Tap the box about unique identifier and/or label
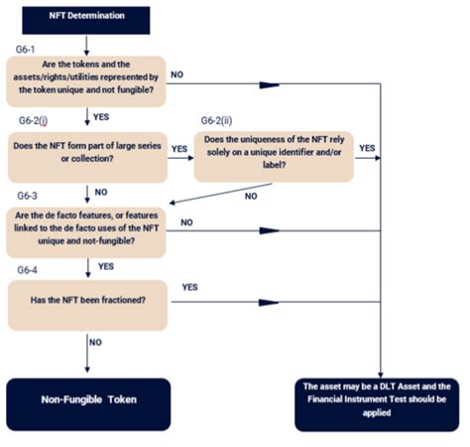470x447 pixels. pos(274,155)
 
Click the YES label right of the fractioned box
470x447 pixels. pos(189,287)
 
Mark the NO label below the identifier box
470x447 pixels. pos(250,196)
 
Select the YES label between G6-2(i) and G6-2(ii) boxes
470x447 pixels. pos(179,147)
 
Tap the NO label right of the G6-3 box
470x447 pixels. pos(186,223)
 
